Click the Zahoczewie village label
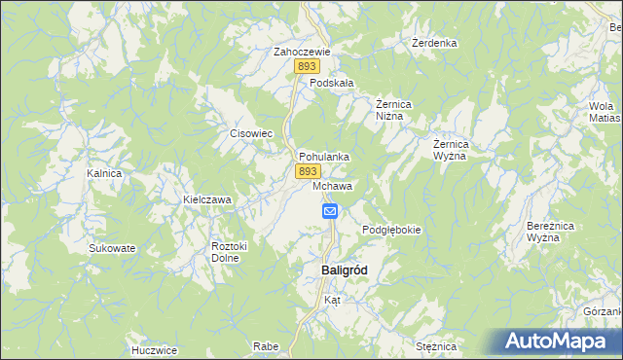[303, 52]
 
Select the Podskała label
[331, 84]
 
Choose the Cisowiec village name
[249, 134]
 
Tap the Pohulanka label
[324, 156]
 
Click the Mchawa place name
[333, 185]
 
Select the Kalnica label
[103, 173]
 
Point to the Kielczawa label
[207, 200]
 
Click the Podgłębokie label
[391, 230]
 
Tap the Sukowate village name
[112, 248]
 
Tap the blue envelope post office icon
[330, 210]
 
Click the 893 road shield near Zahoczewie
[309, 66]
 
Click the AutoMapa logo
[560, 341]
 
